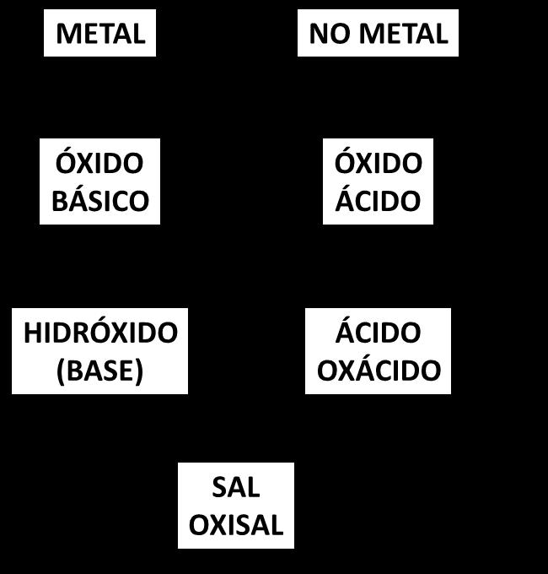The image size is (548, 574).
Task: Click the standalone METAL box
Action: click(99, 34)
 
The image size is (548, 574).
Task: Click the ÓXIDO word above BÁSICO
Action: click(99, 163)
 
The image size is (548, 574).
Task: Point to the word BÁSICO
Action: click(99, 201)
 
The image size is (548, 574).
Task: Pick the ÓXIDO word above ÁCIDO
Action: click(378, 163)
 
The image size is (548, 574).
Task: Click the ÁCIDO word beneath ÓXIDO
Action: click(378, 201)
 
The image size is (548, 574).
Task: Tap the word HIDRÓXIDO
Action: click(99, 333)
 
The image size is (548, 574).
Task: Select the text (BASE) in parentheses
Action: click(99, 371)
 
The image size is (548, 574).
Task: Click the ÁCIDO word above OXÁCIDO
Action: click(378, 333)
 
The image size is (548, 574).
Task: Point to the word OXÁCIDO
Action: click(378, 371)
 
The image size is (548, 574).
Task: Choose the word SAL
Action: click(235, 487)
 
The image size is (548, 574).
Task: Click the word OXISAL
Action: click(235, 525)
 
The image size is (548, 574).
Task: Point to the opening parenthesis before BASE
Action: click(61, 371)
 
